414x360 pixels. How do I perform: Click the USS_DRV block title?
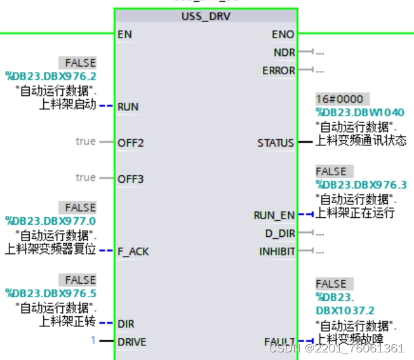tap(206, 16)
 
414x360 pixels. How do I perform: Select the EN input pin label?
tap(124, 34)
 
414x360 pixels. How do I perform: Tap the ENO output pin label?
tap(284, 34)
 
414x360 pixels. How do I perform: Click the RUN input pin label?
tap(128, 107)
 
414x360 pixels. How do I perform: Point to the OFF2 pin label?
tap(131, 143)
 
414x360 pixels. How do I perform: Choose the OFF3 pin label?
tap(131, 179)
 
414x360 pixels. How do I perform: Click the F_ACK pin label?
tap(133, 251)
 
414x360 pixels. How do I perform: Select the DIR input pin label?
tap(126, 324)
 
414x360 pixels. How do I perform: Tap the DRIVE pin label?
tap(132, 342)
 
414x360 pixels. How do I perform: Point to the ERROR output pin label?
tap(279, 70)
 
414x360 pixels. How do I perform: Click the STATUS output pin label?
tap(276, 143)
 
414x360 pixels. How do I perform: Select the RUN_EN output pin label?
tap(274, 215)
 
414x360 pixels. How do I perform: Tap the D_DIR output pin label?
tap(280, 234)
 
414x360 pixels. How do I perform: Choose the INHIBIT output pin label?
tap(277, 251)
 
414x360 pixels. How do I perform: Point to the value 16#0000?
tap(340, 100)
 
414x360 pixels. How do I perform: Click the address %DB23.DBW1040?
tap(360, 112)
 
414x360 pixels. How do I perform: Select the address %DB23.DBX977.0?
tap(51, 220)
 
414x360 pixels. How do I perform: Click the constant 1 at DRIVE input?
tap(93, 341)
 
